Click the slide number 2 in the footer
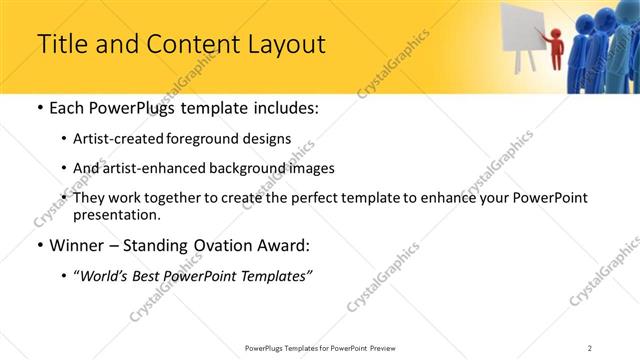pyautogui.click(x=589, y=347)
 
